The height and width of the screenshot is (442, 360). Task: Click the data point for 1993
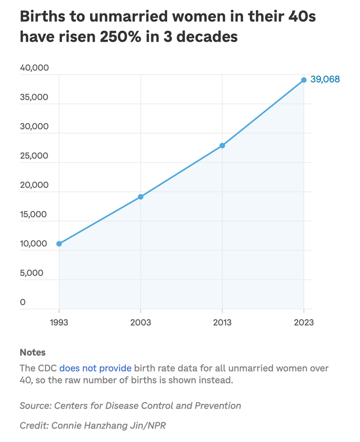(x=59, y=243)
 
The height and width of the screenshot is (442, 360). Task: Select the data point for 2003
(x=141, y=197)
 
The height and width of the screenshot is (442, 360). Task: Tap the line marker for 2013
(x=222, y=146)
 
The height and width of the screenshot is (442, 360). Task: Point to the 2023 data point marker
(x=304, y=80)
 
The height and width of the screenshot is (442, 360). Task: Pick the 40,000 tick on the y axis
(x=34, y=68)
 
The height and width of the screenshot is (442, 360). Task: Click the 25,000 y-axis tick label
(x=34, y=156)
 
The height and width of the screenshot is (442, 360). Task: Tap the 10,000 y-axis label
(x=34, y=243)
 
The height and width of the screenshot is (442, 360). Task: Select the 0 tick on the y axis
(x=23, y=302)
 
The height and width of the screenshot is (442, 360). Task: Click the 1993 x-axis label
(x=59, y=323)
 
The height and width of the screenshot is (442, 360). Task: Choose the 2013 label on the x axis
(x=222, y=323)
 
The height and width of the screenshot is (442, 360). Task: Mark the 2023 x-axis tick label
(x=303, y=323)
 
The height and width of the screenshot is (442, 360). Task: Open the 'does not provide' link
(x=96, y=368)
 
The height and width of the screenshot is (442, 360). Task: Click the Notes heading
(x=33, y=353)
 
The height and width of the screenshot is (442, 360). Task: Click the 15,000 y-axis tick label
(x=34, y=214)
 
